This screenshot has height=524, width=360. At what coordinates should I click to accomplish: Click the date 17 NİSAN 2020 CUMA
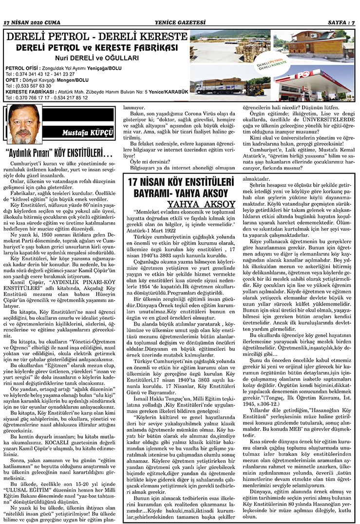[x=32, y=22]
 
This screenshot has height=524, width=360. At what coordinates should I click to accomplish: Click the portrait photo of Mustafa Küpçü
[x=26, y=124]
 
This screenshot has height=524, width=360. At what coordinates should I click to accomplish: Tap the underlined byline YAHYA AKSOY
[x=195, y=203]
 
